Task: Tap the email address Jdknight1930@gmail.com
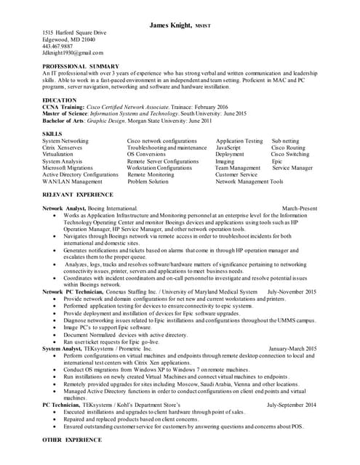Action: (x=73, y=53)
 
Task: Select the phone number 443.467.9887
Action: (x=58, y=46)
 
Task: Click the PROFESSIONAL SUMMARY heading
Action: (x=79, y=66)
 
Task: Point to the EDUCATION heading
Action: (x=59, y=100)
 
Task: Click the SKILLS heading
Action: (x=52, y=134)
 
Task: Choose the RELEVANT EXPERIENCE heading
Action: (x=77, y=195)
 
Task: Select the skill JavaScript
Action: (x=233, y=147)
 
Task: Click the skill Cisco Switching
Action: (x=290, y=154)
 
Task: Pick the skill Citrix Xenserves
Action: (x=65, y=147)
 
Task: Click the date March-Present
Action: (x=300, y=209)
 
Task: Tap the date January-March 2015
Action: (x=293, y=349)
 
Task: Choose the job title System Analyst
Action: (x=62, y=349)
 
